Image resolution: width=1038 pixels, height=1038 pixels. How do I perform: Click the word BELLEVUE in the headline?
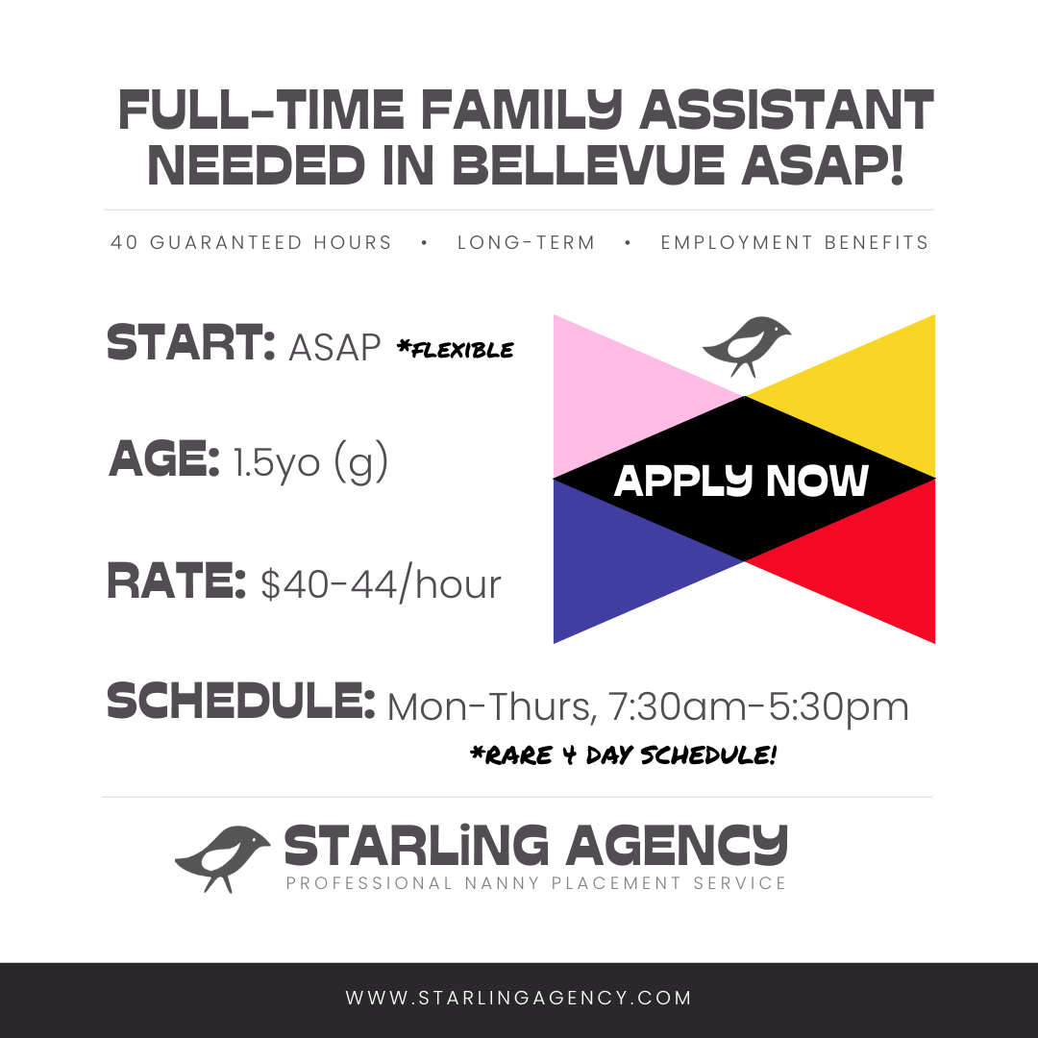(x=588, y=165)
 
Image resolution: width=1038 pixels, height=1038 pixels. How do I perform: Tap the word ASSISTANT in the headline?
(x=786, y=110)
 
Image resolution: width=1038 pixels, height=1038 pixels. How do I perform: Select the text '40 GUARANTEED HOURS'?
(x=251, y=242)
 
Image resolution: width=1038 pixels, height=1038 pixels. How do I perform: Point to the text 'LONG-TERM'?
(x=527, y=242)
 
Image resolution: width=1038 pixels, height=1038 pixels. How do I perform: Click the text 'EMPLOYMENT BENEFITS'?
(x=795, y=242)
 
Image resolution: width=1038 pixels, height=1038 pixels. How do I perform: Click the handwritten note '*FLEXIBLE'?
(x=456, y=349)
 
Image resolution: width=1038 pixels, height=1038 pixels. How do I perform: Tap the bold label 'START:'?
(x=190, y=343)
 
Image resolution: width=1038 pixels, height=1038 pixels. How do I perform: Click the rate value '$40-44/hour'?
(x=381, y=584)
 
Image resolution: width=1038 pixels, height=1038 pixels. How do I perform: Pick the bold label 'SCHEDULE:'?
(x=241, y=701)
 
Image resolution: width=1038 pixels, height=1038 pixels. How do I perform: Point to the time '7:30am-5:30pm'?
(x=758, y=707)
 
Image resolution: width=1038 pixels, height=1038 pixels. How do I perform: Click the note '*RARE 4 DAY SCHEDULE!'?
(x=623, y=754)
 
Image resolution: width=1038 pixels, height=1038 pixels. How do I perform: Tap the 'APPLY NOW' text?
(x=741, y=480)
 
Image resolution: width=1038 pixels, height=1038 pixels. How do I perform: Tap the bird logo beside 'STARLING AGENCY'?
(x=222, y=858)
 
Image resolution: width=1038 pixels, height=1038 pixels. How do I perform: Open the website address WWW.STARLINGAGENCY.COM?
(x=519, y=998)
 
